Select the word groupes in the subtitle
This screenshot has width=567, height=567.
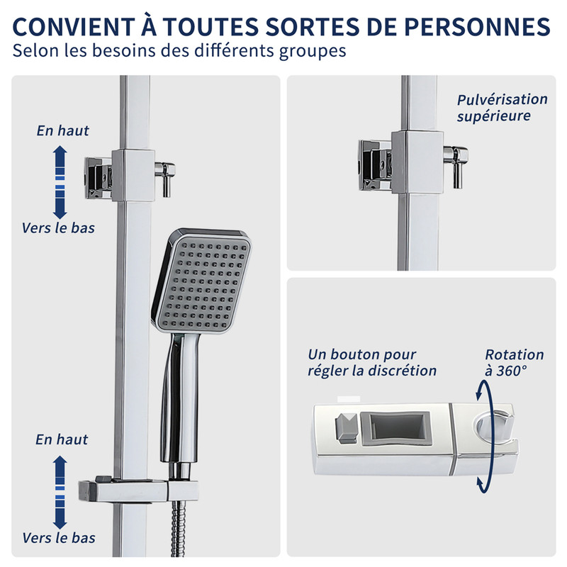(x=313, y=51)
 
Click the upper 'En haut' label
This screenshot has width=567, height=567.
(x=62, y=130)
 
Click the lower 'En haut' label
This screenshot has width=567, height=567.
(x=62, y=439)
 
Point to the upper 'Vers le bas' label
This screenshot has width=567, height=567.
(x=58, y=228)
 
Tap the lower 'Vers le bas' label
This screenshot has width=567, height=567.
(x=59, y=538)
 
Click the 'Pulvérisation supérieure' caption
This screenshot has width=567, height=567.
(x=503, y=108)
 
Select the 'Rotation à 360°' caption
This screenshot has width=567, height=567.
(x=515, y=362)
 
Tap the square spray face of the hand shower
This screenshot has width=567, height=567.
(x=203, y=282)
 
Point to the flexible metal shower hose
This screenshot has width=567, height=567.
(x=178, y=528)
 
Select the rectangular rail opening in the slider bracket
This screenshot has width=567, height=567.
(x=397, y=427)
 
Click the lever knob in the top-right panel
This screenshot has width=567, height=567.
(x=456, y=167)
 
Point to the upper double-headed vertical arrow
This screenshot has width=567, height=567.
(x=60, y=182)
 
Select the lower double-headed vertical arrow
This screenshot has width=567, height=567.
(x=60, y=492)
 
